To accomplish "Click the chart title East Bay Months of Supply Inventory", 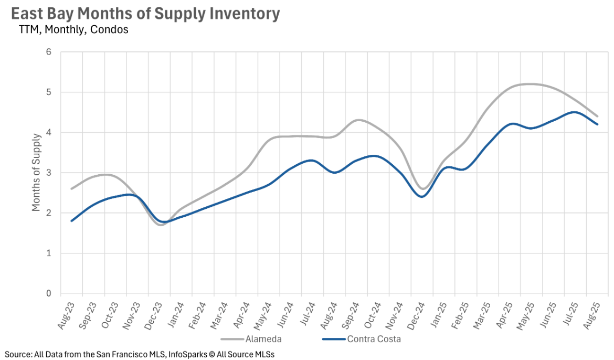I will pyautogui.click(x=145, y=14).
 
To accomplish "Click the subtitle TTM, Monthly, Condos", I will pyautogui.click(x=73, y=29).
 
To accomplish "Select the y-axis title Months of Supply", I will pyautogui.click(x=36, y=173).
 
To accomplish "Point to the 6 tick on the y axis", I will pyautogui.click(x=49, y=52).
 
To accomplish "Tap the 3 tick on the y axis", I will pyautogui.click(x=49, y=173).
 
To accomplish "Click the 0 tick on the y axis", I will pyautogui.click(x=49, y=293).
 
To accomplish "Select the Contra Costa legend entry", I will pyautogui.click(x=373, y=338).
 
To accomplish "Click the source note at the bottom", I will pyautogui.click(x=140, y=354).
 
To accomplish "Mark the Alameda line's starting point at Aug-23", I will pyautogui.click(x=72, y=188).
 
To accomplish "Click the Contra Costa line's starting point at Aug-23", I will pyautogui.click(x=72, y=221).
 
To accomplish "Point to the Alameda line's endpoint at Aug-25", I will pyautogui.click(x=597, y=116).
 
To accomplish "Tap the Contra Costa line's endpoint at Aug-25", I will pyautogui.click(x=597, y=124).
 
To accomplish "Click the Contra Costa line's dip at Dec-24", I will pyautogui.click(x=422, y=197).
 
